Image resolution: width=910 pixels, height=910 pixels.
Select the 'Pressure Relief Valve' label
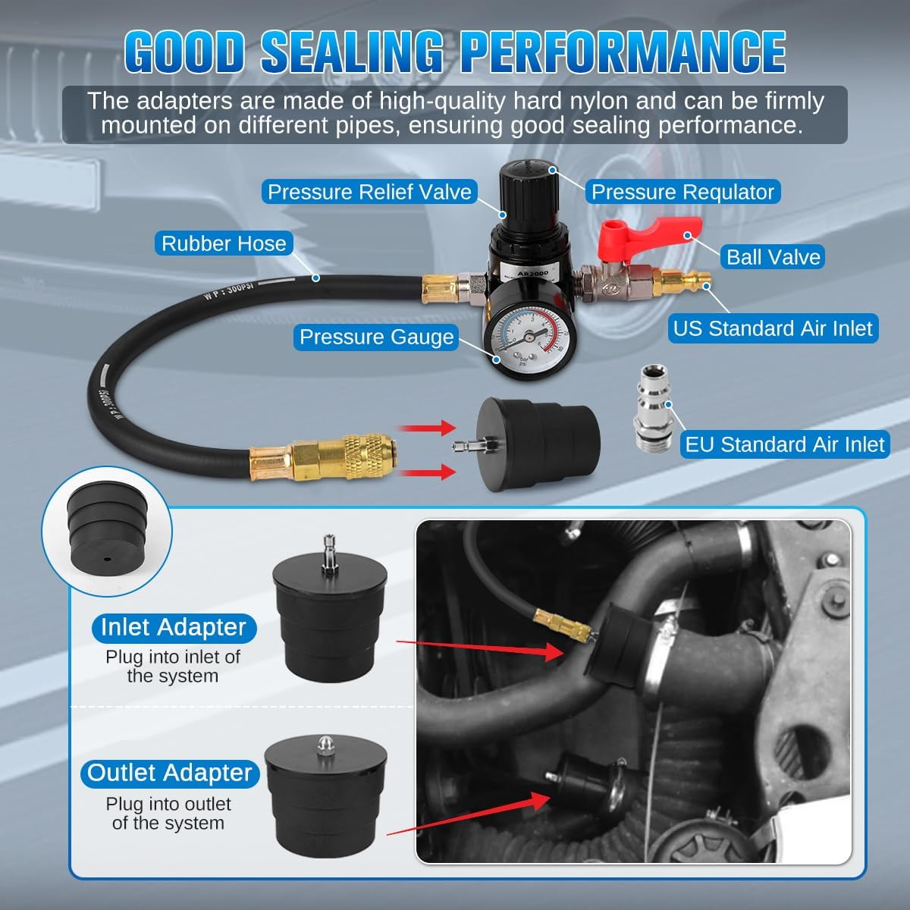click(x=369, y=191)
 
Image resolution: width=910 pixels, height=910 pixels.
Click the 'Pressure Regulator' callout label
click(x=682, y=191)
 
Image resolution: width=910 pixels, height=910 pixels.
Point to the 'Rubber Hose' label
click(x=224, y=243)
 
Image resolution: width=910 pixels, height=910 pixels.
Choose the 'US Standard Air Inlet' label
click(x=773, y=328)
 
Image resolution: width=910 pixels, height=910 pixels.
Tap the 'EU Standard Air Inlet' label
click(x=785, y=444)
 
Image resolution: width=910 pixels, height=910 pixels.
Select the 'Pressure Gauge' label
click(x=376, y=337)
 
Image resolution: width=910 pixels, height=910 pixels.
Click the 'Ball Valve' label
click(x=773, y=257)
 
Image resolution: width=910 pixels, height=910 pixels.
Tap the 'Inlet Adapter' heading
click(x=174, y=627)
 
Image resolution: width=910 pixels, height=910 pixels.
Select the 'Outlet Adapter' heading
click(x=170, y=773)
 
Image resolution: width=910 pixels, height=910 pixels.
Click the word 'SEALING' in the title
click(x=352, y=52)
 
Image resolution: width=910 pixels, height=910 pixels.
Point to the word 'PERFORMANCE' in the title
click(x=623, y=52)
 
